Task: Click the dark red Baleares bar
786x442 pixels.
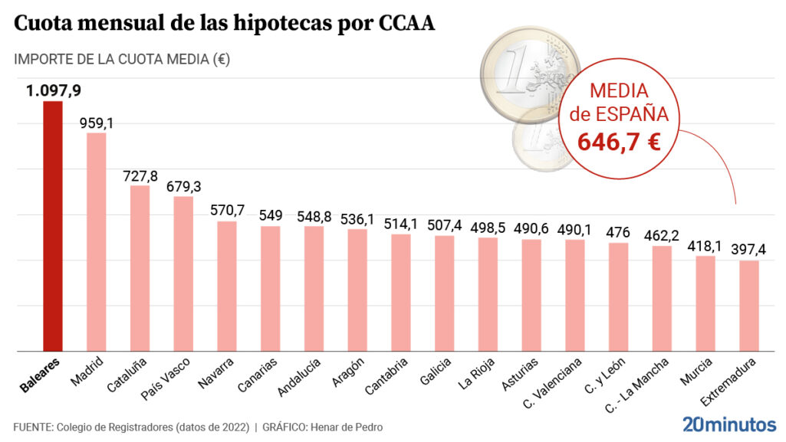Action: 52,226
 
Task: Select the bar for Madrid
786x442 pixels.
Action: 96,242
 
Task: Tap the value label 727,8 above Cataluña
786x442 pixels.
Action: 140,175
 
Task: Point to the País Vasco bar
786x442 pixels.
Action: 183,273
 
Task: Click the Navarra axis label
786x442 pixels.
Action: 215,373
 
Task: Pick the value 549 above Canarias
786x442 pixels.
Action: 271,216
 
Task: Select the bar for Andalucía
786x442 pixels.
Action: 314,288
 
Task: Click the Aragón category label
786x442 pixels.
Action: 347,372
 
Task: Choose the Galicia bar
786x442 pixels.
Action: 445,293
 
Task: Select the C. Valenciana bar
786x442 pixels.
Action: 576,295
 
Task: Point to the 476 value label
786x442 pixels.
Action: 619,232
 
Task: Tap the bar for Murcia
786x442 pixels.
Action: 706,303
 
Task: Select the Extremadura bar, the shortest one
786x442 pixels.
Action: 750,306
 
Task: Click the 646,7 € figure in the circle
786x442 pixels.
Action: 620,141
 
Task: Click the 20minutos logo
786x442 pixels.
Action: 729,424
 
